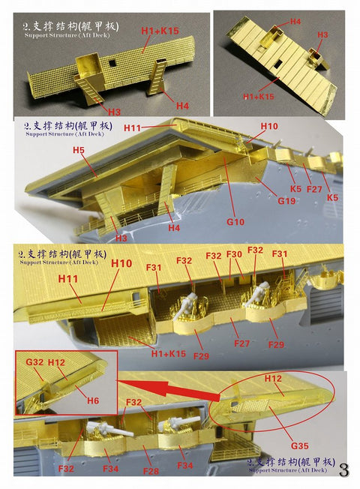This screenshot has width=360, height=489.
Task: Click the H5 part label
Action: click(78, 151)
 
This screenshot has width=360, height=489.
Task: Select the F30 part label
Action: click(234, 254)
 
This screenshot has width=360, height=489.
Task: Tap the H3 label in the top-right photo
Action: click(322, 35)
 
